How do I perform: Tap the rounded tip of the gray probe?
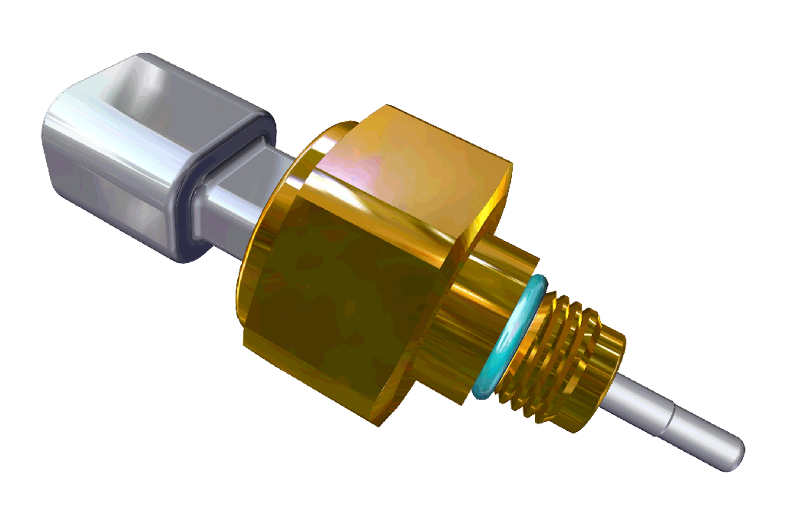[735, 453]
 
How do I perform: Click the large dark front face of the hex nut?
[338, 299]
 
